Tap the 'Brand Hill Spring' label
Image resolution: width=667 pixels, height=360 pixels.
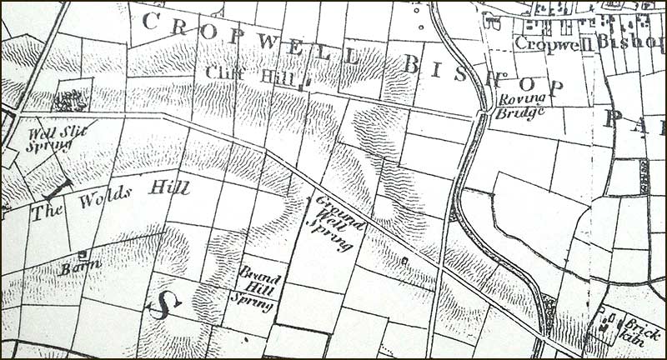(258, 288)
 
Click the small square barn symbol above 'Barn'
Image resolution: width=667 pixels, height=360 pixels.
(82, 253)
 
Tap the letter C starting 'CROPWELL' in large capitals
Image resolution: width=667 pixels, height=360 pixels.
(151, 22)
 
